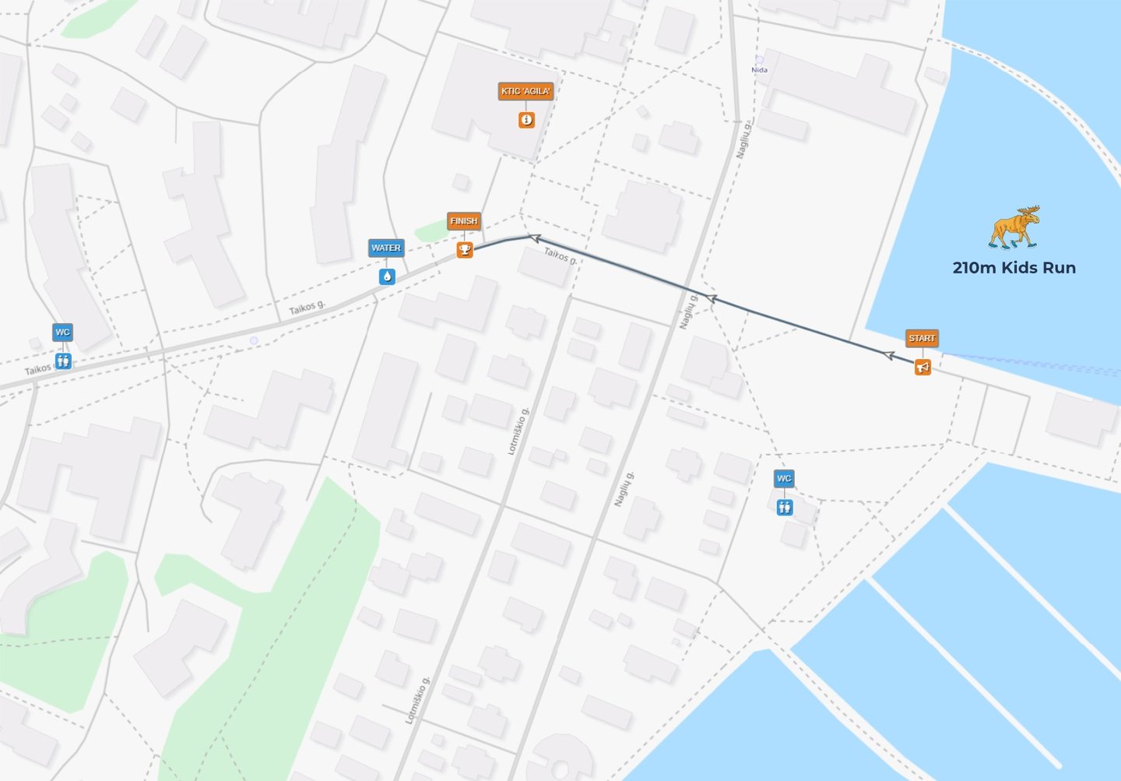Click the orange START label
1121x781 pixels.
pyautogui.click(x=922, y=338)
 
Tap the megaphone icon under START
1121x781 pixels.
pyautogui.click(x=922, y=367)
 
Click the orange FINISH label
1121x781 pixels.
pyautogui.click(x=463, y=221)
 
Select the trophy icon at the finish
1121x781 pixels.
pyautogui.click(x=464, y=250)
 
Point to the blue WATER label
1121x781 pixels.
pyautogui.click(x=386, y=248)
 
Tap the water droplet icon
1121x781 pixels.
pyautogui.click(x=387, y=276)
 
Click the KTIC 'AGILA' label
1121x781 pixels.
pyautogui.click(x=525, y=91)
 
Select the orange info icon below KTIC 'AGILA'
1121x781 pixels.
pyautogui.click(x=527, y=120)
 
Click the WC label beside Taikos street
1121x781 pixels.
pyautogui.click(x=62, y=332)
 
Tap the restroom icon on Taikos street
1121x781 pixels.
pyautogui.click(x=63, y=361)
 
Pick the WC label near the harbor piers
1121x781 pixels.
pyautogui.click(x=784, y=478)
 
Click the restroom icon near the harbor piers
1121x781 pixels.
pyautogui.click(x=785, y=508)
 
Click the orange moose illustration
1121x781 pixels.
pyautogui.click(x=1014, y=227)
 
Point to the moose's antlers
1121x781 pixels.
pyautogui.click(x=1027, y=211)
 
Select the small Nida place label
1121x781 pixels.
pyautogui.click(x=759, y=70)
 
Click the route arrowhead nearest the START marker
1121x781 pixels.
pyautogui.click(x=888, y=355)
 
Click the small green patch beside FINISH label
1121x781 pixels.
pyautogui.click(x=430, y=230)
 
